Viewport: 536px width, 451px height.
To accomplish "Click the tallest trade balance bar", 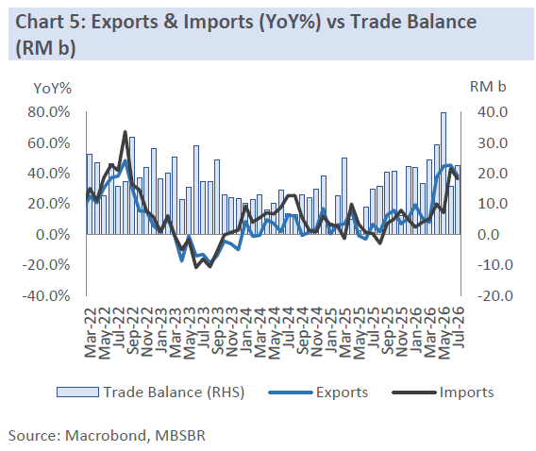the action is click(x=443, y=174).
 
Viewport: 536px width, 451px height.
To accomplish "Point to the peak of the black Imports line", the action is click(x=126, y=132).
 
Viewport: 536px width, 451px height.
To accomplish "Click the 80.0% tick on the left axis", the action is click(x=49, y=112).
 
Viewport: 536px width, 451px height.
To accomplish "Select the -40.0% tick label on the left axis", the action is click(x=46, y=295).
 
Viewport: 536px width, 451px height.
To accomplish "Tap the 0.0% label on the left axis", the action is click(x=54, y=235).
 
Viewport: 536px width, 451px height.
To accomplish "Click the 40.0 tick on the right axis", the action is click(x=493, y=112).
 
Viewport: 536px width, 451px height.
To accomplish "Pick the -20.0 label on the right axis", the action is click(x=495, y=295).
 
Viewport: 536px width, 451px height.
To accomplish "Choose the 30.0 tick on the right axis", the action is click(x=493, y=142).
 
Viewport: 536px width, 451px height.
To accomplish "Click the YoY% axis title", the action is click(x=53, y=89).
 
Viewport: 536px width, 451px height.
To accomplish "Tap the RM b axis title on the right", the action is click(x=488, y=87).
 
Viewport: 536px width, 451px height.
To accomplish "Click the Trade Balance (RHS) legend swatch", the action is click(x=77, y=393).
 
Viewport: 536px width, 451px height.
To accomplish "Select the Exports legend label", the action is click(x=342, y=393).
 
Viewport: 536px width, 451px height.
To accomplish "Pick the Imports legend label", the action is click(x=466, y=393).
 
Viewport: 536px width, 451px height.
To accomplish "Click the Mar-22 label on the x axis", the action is click(x=92, y=332).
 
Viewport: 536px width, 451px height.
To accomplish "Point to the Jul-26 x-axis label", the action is click(x=459, y=326).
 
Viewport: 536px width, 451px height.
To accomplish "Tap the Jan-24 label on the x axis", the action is click(x=246, y=330).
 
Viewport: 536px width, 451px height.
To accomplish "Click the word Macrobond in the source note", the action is click(x=108, y=436).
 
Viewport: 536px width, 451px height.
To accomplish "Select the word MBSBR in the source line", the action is click(x=180, y=436).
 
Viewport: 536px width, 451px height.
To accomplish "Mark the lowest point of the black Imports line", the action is click(x=196, y=267).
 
